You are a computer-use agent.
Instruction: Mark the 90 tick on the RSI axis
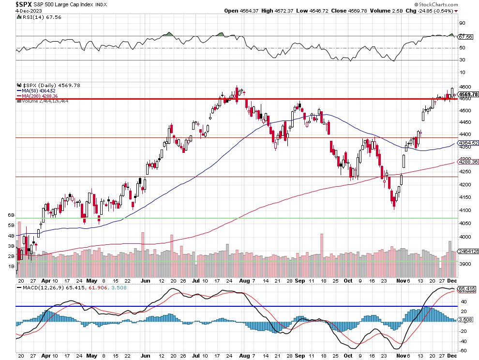462,23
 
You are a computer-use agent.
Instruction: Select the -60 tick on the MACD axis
463,350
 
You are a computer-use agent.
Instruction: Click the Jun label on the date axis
145,280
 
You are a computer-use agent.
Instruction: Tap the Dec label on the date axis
451,280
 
